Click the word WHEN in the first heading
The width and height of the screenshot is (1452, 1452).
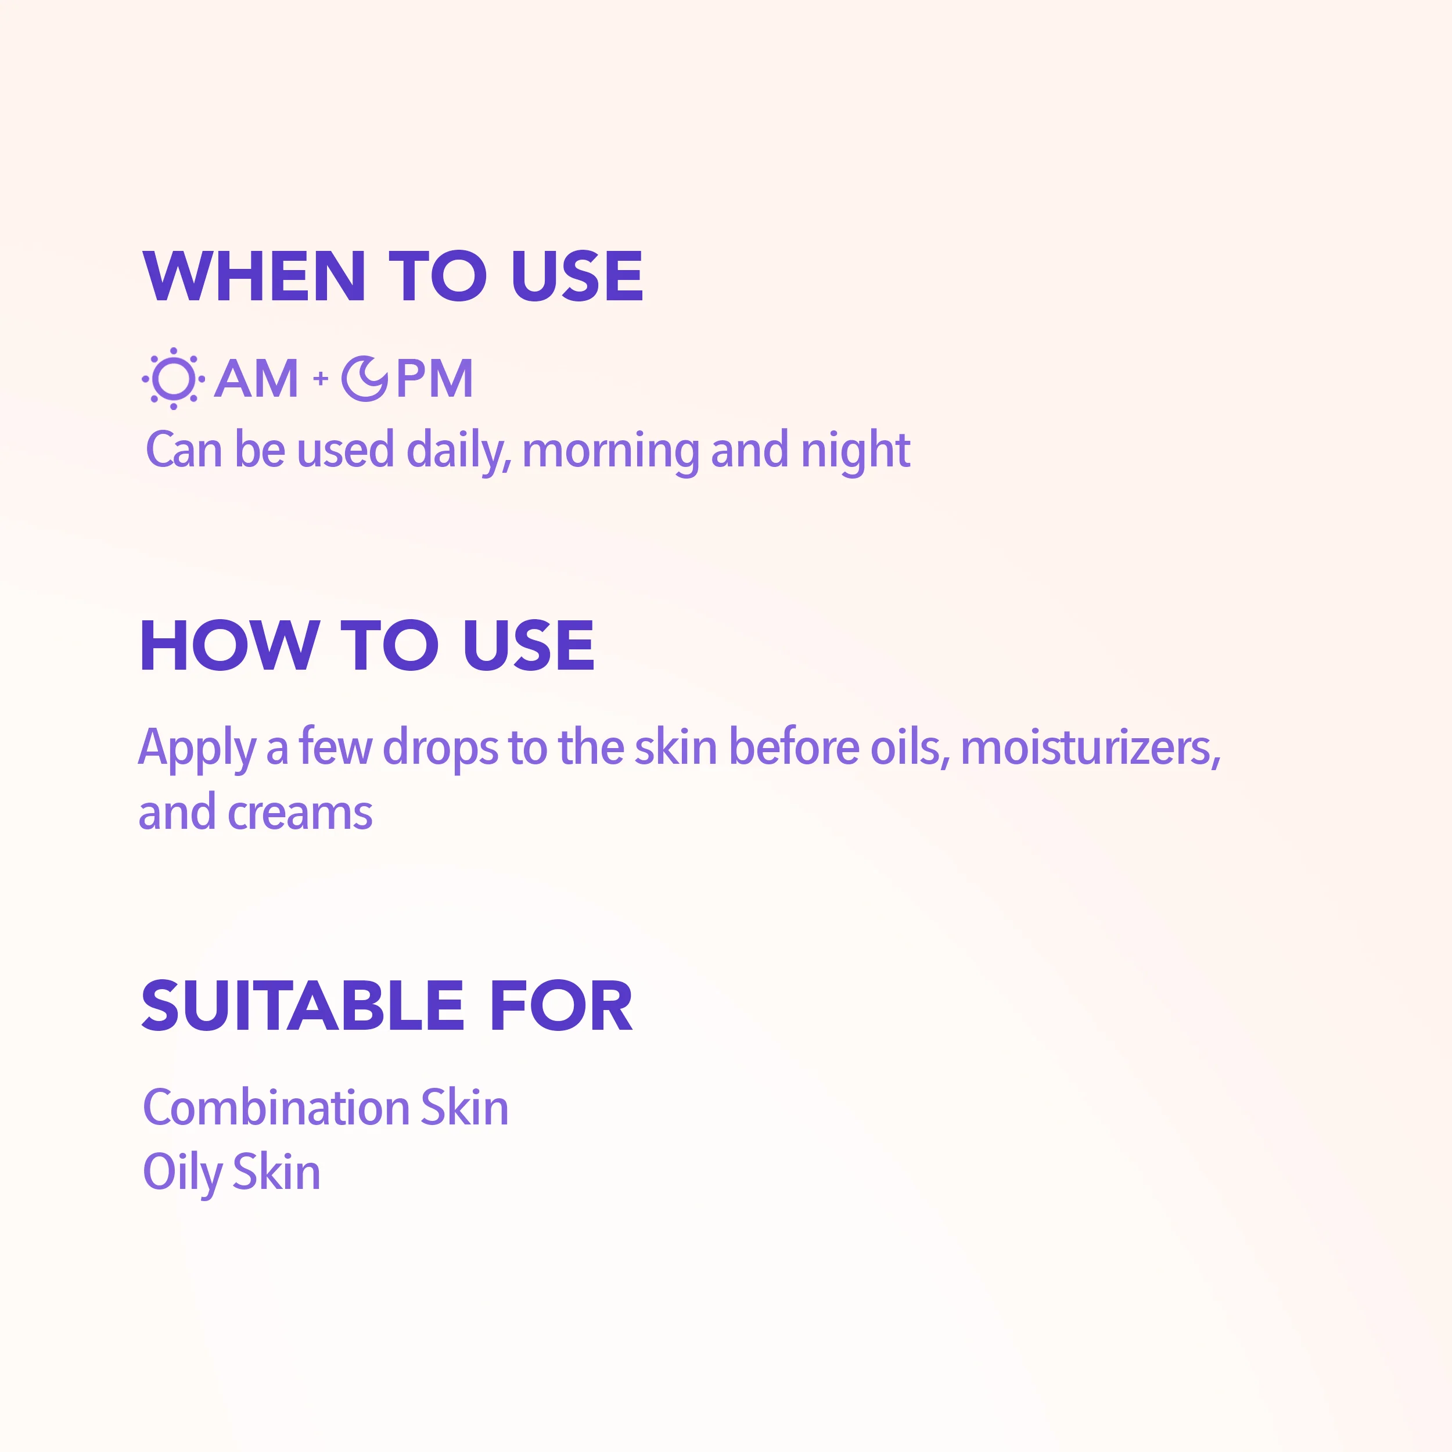254,276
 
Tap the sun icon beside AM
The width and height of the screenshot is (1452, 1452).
173,378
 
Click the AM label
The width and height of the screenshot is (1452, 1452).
256,378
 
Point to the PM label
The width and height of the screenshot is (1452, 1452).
434,378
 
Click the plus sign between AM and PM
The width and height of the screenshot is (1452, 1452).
321,378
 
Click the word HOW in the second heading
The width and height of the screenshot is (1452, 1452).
229,646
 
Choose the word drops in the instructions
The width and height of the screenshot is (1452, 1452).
440,749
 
